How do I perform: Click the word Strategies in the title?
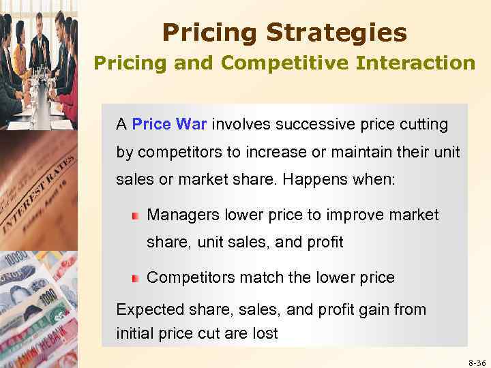pyautogui.click(x=337, y=33)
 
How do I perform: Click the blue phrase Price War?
pyautogui.click(x=170, y=125)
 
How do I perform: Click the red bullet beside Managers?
pyautogui.click(x=136, y=216)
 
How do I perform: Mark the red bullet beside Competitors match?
pyautogui.click(x=136, y=278)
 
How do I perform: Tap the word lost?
pyautogui.click(x=265, y=334)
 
